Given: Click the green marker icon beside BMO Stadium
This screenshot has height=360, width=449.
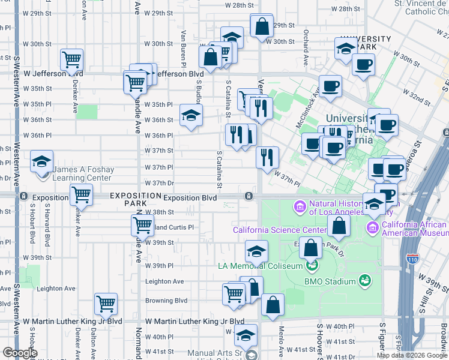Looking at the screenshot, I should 364,280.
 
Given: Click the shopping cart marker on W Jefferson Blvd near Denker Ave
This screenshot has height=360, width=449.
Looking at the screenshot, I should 72,59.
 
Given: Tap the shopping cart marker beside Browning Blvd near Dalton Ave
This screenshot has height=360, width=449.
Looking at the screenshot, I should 106,304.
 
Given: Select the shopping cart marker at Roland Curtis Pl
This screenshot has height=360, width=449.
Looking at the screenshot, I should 142,226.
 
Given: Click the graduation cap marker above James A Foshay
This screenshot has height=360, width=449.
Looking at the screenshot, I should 42,163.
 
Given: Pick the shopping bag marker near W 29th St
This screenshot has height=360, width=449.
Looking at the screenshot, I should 262,26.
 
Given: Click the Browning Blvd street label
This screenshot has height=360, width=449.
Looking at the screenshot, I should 166,301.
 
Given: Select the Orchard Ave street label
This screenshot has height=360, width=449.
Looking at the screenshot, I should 306,47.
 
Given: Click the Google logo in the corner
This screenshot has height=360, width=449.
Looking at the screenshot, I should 19,353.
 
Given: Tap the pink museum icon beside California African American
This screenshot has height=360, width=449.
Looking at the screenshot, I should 372,228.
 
